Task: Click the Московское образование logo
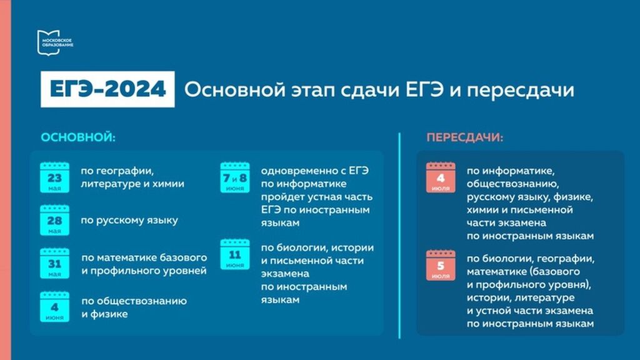pos(55,42)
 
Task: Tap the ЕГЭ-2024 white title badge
pos(107,89)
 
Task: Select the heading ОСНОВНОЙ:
pos(78,137)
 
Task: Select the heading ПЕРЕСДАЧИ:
pos(465,137)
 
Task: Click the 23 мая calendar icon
pos(55,177)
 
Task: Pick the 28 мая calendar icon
pos(55,221)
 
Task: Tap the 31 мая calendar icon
pos(55,264)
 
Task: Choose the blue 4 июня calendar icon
pos(55,307)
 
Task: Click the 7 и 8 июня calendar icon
pos(235,177)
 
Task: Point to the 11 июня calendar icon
pos(235,255)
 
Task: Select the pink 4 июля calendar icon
pos(441,177)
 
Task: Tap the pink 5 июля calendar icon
pos(441,266)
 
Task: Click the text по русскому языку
pos(129,221)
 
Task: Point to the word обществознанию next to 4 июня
pos(134,301)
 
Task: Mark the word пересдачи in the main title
pos(521,90)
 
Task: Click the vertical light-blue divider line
pos(399,236)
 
